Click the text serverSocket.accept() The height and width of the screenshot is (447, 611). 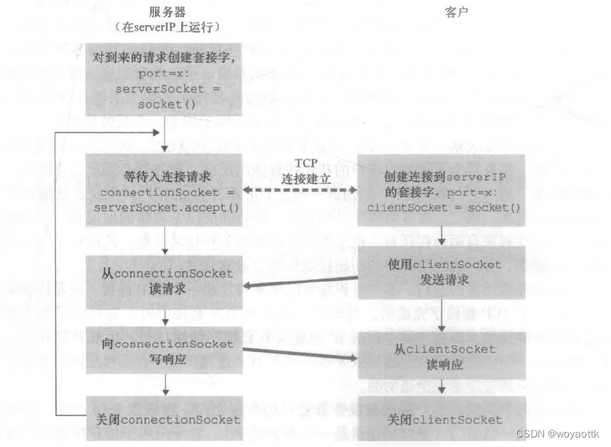(164, 207)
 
